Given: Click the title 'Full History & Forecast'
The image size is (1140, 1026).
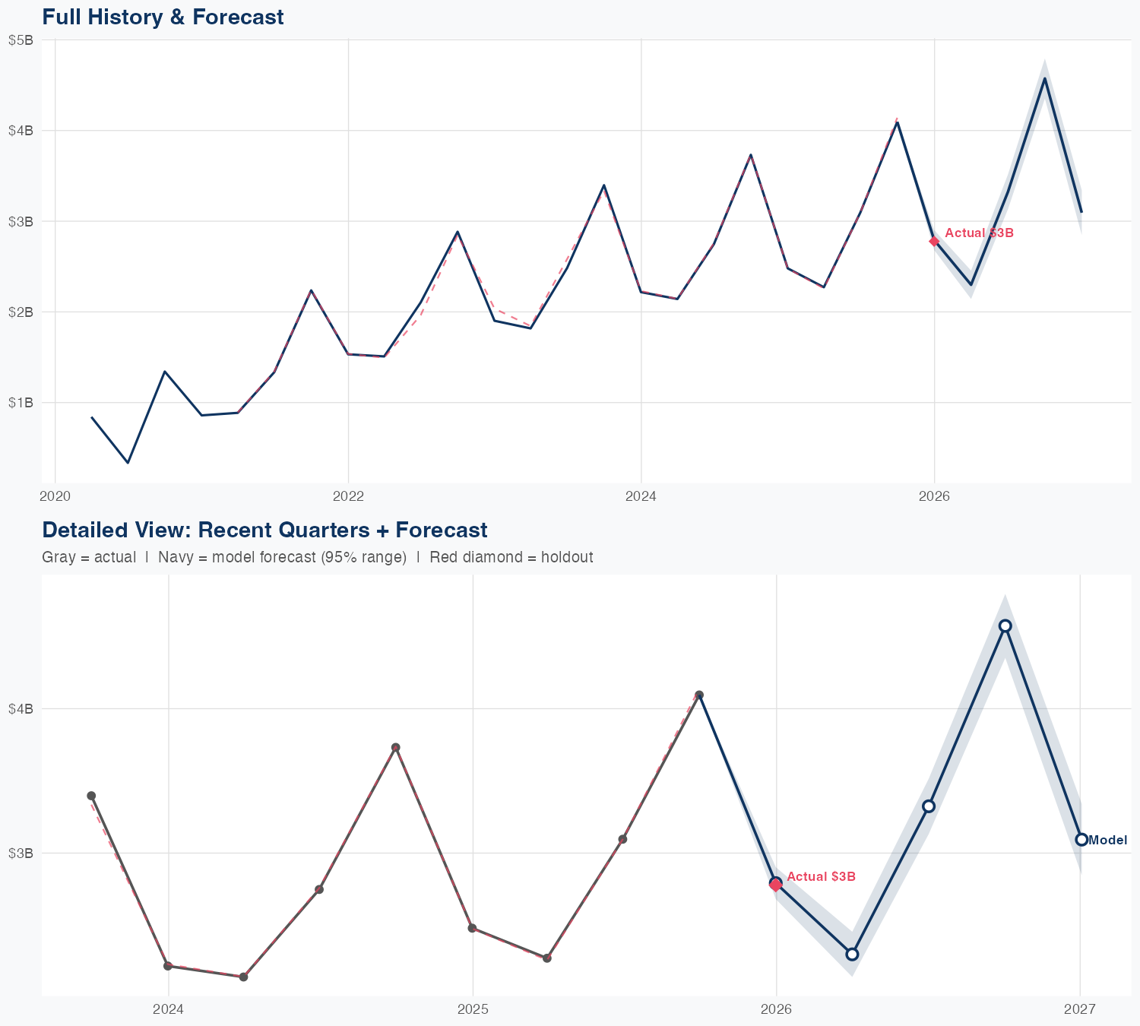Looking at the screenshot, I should [x=163, y=17].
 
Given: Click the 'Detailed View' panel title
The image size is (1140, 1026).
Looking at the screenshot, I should [x=264, y=530].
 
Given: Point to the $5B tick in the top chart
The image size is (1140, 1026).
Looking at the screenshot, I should [x=21, y=40].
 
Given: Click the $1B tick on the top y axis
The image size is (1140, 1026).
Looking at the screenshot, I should [x=21, y=402].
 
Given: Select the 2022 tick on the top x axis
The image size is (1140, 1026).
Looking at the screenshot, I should [x=348, y=496].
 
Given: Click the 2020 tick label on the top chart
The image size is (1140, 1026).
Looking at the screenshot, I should [x=55, y=496].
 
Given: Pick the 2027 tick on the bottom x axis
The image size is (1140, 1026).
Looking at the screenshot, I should [x=1079, y=1009].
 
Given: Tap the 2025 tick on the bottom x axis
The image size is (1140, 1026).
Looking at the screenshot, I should [x=472, y=1009].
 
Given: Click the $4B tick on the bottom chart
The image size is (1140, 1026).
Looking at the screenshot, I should [x=21, y=708].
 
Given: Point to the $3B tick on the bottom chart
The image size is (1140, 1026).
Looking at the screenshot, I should [x=21, y=853].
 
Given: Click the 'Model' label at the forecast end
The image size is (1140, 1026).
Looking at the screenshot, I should [x=1108, y=840].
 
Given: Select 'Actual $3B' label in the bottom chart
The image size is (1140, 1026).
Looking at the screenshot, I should [x=821, y=876].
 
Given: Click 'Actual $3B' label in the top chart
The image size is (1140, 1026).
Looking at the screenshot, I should [x=979, y=233].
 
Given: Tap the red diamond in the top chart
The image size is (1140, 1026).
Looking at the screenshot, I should [x=934, y=241].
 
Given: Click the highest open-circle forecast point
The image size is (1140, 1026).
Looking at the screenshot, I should [x=1005, y=625].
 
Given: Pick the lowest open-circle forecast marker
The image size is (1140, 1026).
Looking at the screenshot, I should [x=852, y=954].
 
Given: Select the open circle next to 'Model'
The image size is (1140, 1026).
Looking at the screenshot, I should [x=1081, y=839].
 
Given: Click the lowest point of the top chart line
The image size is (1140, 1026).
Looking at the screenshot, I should [x=128, y=462].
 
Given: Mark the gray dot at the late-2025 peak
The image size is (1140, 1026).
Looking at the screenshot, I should [x=699, y=695].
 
